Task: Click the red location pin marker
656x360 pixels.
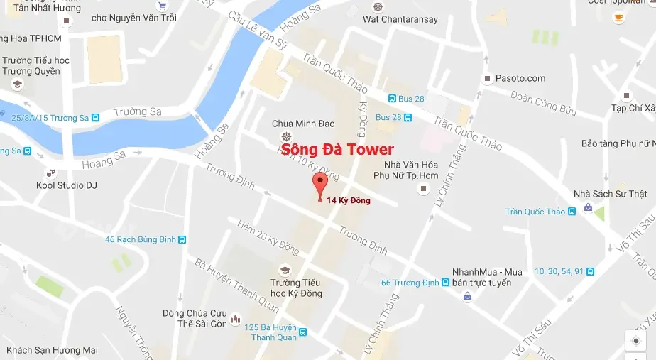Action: pyautogui.click(x=320, y=183)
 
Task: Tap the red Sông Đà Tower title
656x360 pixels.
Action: pyautogui.click(x=337, y=150)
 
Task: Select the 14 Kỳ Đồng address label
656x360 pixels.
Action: pyautogui.click(x=349, y=201)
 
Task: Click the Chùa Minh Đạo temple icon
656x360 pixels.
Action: pyautogui.click(x=285, y=136)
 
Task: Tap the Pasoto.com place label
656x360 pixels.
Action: pyautogui.click(x=520, y=78)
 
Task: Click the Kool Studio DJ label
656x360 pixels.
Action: pyautogui.click(x=67, y=185)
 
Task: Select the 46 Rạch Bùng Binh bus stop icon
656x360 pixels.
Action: pyautogui.click(x=182, y=239)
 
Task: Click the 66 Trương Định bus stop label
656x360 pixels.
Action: pyautogui.click(x=410, y=283)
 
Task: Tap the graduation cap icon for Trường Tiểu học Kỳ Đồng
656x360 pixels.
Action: pyautogui.click(x=285, y=271)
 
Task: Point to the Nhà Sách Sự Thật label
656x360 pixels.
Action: pyautogui.click(x=611, y=194)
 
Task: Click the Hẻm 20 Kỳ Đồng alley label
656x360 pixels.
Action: pyautogui.click(x=268, y=237)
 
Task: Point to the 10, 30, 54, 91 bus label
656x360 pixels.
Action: pyautogui.click(x=559, y=271)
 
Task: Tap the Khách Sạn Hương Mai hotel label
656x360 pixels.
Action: pyautogui.click(x=51, y=350)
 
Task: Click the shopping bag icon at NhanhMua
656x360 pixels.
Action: pyautogui.click(x=467, y=296)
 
